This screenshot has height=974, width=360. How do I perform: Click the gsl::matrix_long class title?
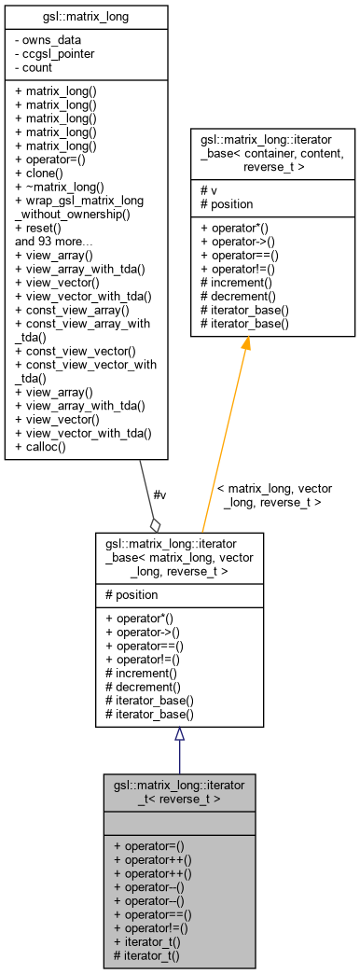86,16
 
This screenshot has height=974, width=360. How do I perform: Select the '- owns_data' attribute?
48,40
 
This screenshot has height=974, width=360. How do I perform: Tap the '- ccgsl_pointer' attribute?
55,53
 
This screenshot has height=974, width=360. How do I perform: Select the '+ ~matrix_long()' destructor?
60,187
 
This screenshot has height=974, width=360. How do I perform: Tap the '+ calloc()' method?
46,447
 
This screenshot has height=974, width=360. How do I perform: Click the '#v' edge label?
159,494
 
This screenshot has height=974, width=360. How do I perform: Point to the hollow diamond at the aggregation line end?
156,523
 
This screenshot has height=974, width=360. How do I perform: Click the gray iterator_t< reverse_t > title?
179,792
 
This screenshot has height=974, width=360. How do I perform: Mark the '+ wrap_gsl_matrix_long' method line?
81,200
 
